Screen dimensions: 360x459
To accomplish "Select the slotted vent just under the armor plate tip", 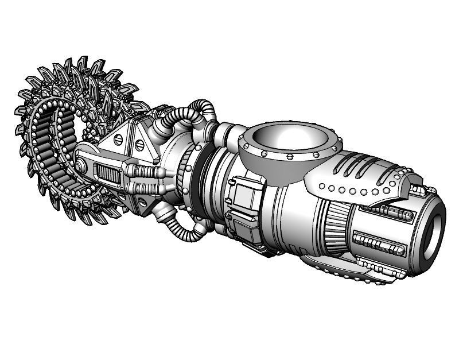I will tap(396, 214).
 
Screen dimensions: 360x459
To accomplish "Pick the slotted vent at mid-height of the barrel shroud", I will tap(379, 243).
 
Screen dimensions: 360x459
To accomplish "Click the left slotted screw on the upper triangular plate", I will tap(119, 140).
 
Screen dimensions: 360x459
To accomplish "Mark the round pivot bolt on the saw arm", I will tap(80, 167).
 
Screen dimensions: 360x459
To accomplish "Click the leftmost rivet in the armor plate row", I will tap(322, 185).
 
